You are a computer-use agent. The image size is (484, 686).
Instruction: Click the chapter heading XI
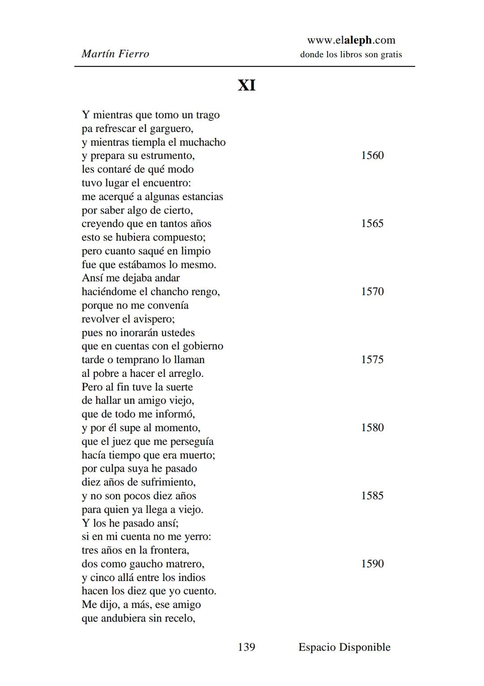(x=246, y=85)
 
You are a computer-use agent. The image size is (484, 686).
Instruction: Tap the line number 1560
(x=372, y=155)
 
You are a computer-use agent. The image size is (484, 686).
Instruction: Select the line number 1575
(x=372, y=359)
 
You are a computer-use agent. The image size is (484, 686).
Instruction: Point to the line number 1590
(x=372, y=564)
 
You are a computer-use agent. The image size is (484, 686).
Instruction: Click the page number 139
(x=246, y=647)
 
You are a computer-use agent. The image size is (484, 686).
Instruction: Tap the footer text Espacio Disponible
(x=344, y=647)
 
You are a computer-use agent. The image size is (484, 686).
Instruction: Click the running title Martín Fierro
(x=115, y=54)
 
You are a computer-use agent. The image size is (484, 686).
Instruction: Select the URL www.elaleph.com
(x=351, y=40)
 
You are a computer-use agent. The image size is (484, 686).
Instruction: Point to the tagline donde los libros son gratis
(x=351, y=55)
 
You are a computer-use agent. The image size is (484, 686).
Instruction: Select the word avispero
(x=154, y=319)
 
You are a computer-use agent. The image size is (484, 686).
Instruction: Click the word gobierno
(x=203, y=346)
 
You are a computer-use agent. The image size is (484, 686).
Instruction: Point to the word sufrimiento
(x=168, y=482)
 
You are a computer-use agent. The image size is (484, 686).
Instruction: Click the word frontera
(x=169, y=550)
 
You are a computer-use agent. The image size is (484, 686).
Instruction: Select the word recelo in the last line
(x=178, y=618)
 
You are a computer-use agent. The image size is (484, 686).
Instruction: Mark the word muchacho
(x=203, y=142)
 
